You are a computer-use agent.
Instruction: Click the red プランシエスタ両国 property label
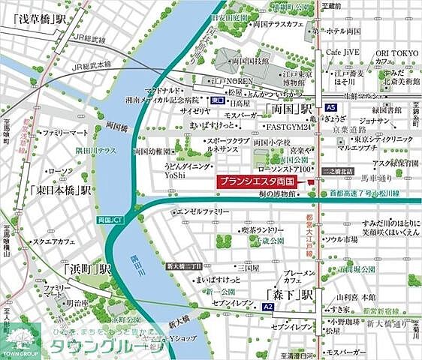261,181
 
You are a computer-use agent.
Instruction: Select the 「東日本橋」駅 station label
61,189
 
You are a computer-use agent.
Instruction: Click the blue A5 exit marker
331,107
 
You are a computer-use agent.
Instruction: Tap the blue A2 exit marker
267,307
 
